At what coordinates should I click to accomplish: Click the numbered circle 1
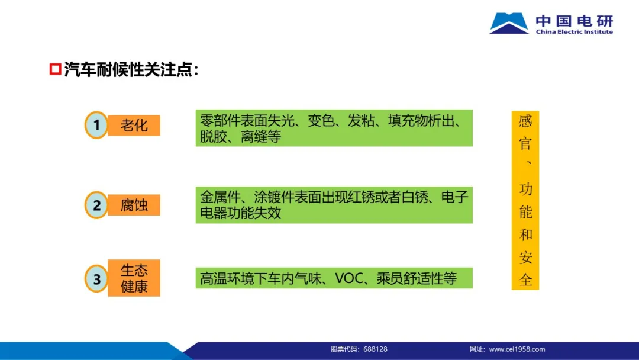(x=96, y=125)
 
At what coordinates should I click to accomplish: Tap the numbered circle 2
(x=96, y=205)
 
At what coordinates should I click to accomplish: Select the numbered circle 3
(x=96, y=279)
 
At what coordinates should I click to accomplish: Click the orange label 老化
(x=134, y=125)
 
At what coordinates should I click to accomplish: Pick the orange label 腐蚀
(x=134, y=205)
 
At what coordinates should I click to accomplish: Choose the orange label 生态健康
(x=134, y=278)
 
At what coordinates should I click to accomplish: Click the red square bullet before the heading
(x=55, y=69)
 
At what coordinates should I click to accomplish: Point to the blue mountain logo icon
(x=509, y=23)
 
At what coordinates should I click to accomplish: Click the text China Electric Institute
(x=574, y=32)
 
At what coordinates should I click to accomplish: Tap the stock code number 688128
(x=375, y=349)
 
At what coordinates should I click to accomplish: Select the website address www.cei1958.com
(x=517, y=349)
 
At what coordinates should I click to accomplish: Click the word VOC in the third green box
(x=349, y=278)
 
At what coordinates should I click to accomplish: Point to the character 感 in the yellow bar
(x=525, y=121)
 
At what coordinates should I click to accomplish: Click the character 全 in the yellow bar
(x=525, y=279)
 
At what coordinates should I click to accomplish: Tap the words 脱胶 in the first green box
(x=213, y=137)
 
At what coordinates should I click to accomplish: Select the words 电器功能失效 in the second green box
(x=240, y=213)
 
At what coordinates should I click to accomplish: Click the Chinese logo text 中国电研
(x=574, y=20)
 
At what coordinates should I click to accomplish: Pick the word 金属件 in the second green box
(x=220, y=197)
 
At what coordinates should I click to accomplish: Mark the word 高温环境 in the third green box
(x=227, y=278)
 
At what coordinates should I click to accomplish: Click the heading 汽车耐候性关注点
(x=128, y=69)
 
